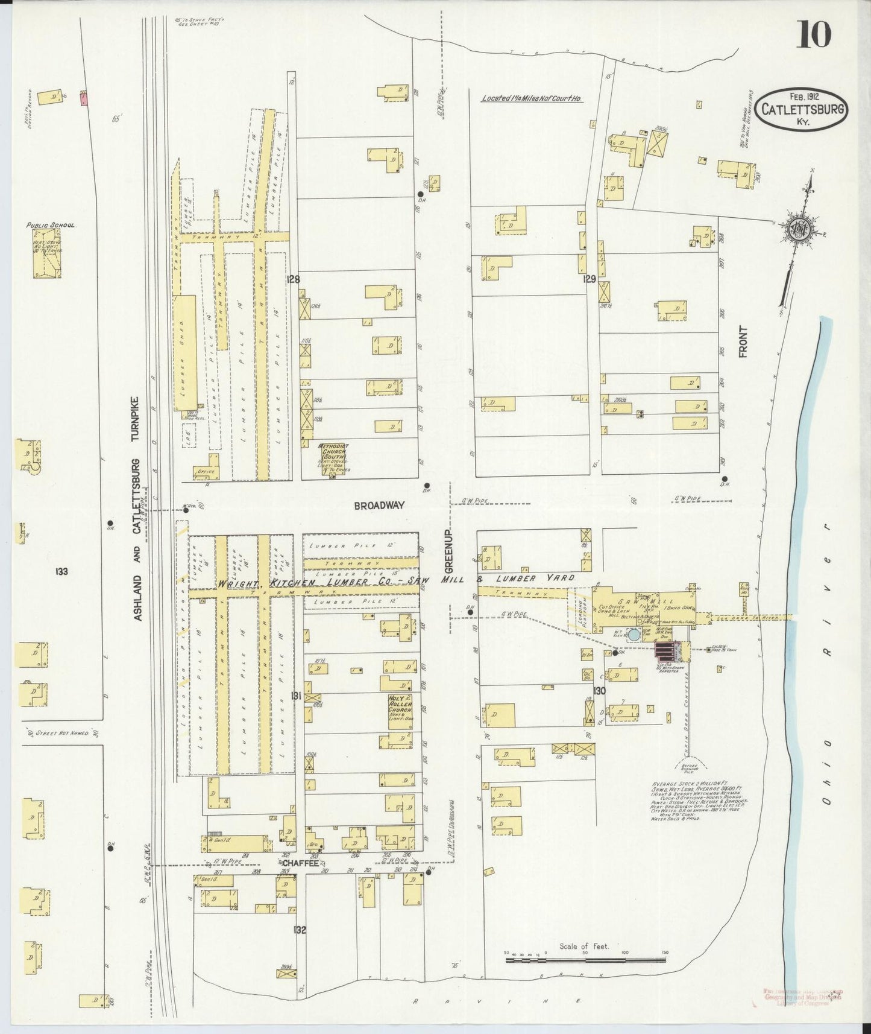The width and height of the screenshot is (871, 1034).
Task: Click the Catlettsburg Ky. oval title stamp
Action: pyautogui.click(x=802, y=109)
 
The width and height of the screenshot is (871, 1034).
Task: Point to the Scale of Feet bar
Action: pyautogui.click(x=584, y=959)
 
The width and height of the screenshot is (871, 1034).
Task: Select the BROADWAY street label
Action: pyautogui.click(x=379, y=506)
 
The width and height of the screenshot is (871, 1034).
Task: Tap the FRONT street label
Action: pyautogui.click(x=743, y=341)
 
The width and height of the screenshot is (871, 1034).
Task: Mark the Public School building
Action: pyautogui.click(x=47, y=253)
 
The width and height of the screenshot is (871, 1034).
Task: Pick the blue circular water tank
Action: pyautogui.click(x=634, y=635)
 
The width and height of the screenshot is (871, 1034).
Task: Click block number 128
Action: pyautogui.click(x=294, y=279)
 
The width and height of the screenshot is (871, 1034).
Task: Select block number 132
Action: pyautogui.click(x=300, y=930)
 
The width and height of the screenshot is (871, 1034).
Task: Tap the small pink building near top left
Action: pyautogui.click(x=84, y=98)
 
